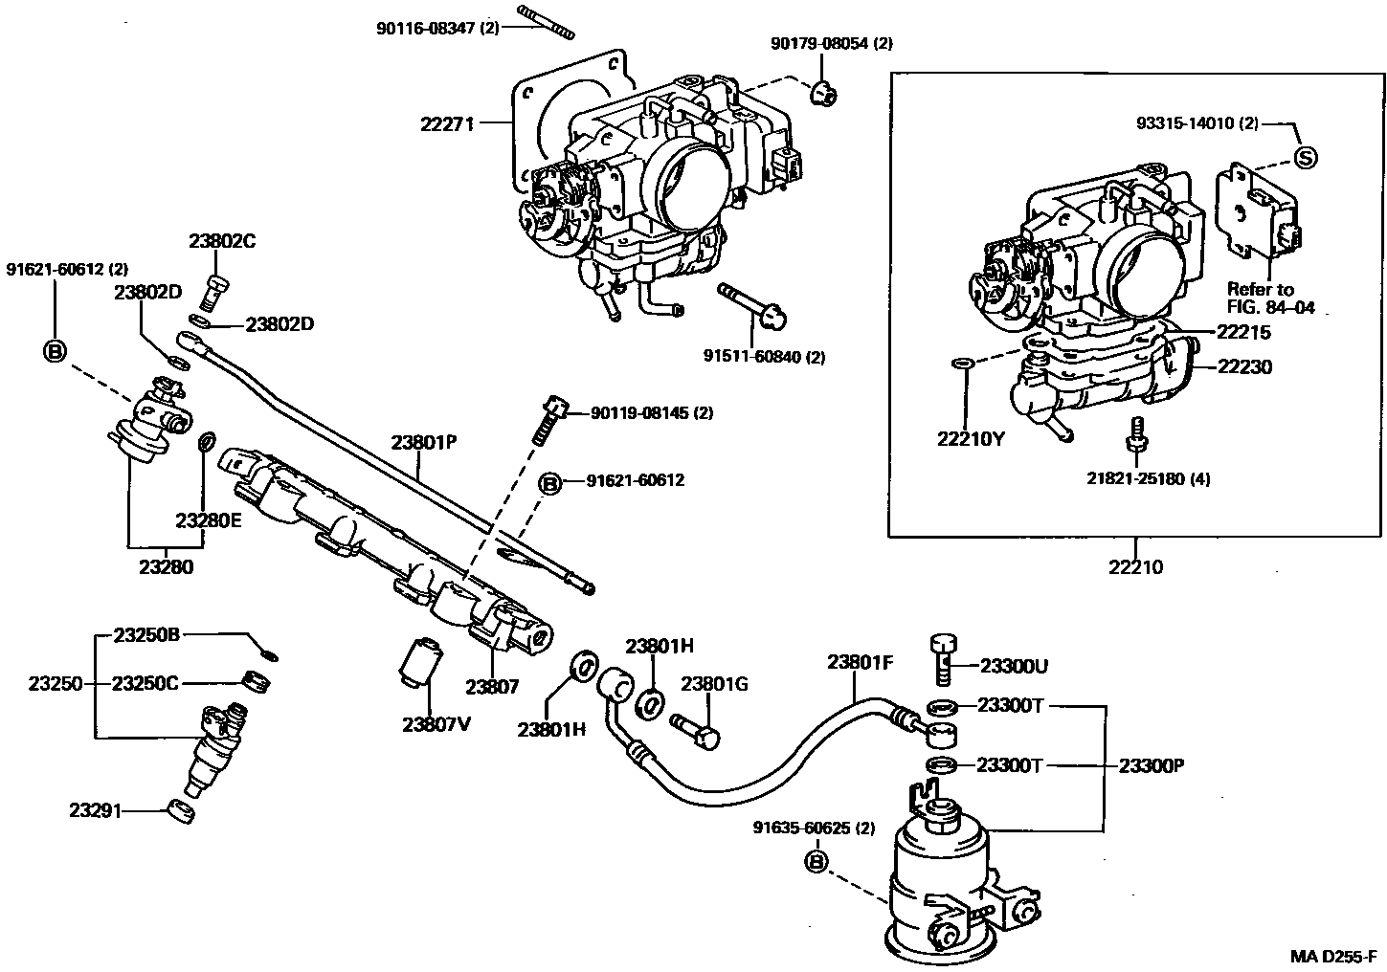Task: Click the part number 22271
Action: click(447, 123)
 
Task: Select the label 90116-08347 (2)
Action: click(437, 29)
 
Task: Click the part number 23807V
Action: click(436, 723)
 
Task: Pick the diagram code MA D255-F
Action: click(1333, 956)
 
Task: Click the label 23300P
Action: click(1152, 765)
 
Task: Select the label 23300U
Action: click(1015, 666)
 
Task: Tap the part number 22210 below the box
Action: click(1136, 567)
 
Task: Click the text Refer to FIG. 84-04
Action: click(1271, 298)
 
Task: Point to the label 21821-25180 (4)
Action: click(1148, 478)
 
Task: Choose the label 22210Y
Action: click(971, 439)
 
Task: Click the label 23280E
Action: click(209, 520)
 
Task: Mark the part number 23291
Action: click(95, 810)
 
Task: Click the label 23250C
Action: click(145, 683)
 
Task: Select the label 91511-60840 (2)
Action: click(764, 357)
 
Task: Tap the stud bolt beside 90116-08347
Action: click(546, 23)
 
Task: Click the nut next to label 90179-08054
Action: click(823, 94)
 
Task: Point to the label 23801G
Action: click(714, 684)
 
